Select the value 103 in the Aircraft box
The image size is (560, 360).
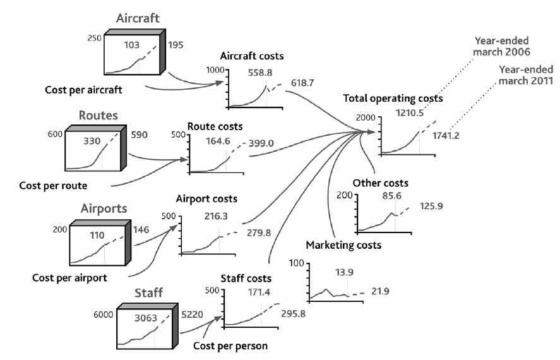coord(130,45)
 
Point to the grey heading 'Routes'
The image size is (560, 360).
coord(100,116)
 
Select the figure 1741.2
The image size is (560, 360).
coord(449,135)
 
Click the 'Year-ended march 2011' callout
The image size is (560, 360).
coord(526,75)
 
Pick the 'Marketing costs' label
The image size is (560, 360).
coord(343,244)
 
